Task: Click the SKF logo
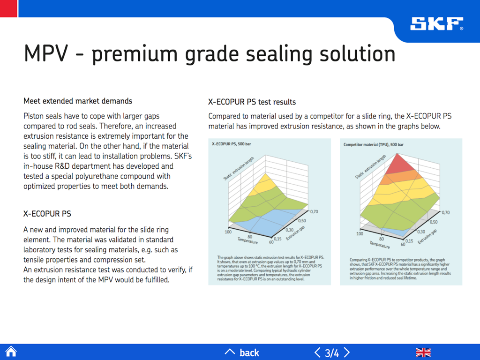(x=436, y=24)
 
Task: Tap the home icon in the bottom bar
(x=11, y=352)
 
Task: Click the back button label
(x=249, y=352)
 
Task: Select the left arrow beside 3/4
(x=317, y=352)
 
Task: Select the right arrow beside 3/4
(x=347, y=352)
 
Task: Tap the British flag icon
(x=423, y=352)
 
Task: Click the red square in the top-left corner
(x=8, y=8)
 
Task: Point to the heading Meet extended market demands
(x=78, y=101)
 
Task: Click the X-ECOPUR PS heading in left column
(x=47, y=214)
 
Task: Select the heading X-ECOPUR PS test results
(x=252, y=102)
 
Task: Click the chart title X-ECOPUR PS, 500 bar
(x=232, y=145)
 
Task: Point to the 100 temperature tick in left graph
(x=228, y=232)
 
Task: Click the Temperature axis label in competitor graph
(x=379, y=245)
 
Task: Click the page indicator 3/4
(x=332, y=352)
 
